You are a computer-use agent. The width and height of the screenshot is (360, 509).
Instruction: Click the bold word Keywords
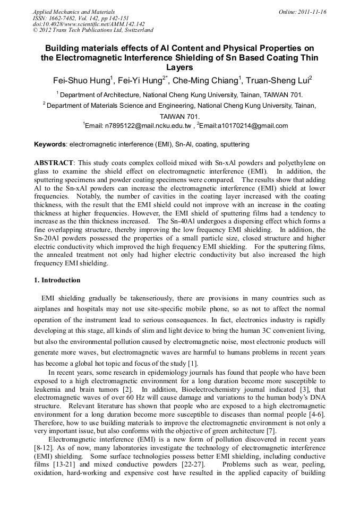click(50, 144)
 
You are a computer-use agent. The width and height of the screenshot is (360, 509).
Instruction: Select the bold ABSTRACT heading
click(54, 163)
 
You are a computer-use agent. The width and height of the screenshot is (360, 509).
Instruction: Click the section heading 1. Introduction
click(57, 280)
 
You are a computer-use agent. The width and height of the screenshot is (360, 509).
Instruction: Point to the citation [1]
click(193, 364)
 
